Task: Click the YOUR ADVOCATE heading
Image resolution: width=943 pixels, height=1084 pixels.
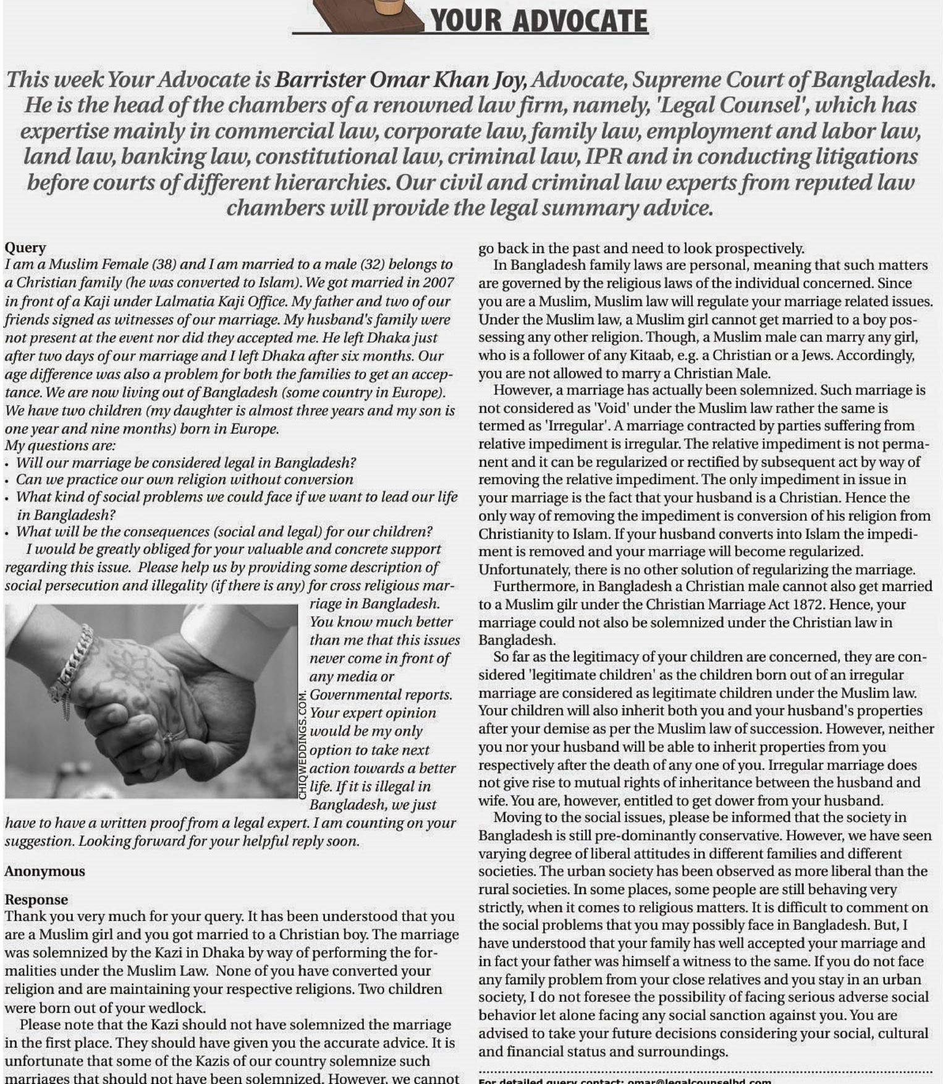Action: click(538, 21)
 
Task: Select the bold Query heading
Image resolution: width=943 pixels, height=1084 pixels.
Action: click(25, 247)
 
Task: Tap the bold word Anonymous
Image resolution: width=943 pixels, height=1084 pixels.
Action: click(44, 871)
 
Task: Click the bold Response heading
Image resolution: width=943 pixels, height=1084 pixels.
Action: click(36, 900)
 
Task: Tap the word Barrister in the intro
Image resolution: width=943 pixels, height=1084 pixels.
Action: click(319, 80)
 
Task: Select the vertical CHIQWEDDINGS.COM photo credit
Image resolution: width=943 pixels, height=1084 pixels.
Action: click(303, 745)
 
